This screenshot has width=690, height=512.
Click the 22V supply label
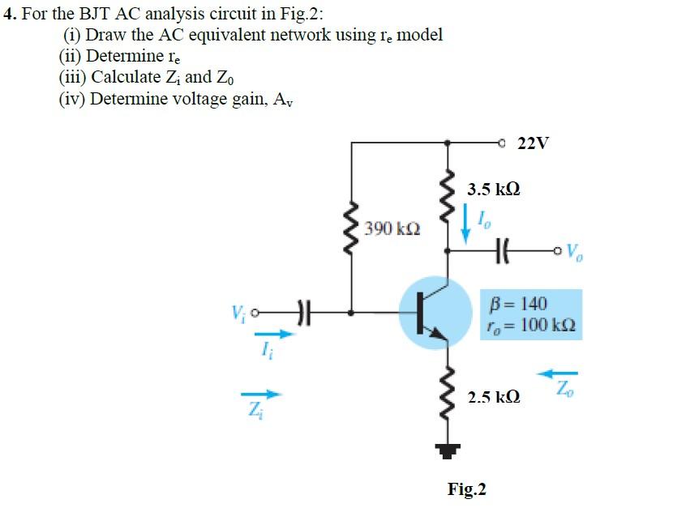[533, 143]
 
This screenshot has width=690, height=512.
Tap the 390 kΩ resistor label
[392, 228]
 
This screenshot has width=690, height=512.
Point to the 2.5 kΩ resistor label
[494, 398]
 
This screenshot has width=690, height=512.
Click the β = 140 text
[519, 304]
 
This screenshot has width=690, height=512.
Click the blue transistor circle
[436, 313]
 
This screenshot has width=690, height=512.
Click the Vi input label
[236, 310]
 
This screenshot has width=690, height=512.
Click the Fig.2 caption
[467, 489]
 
